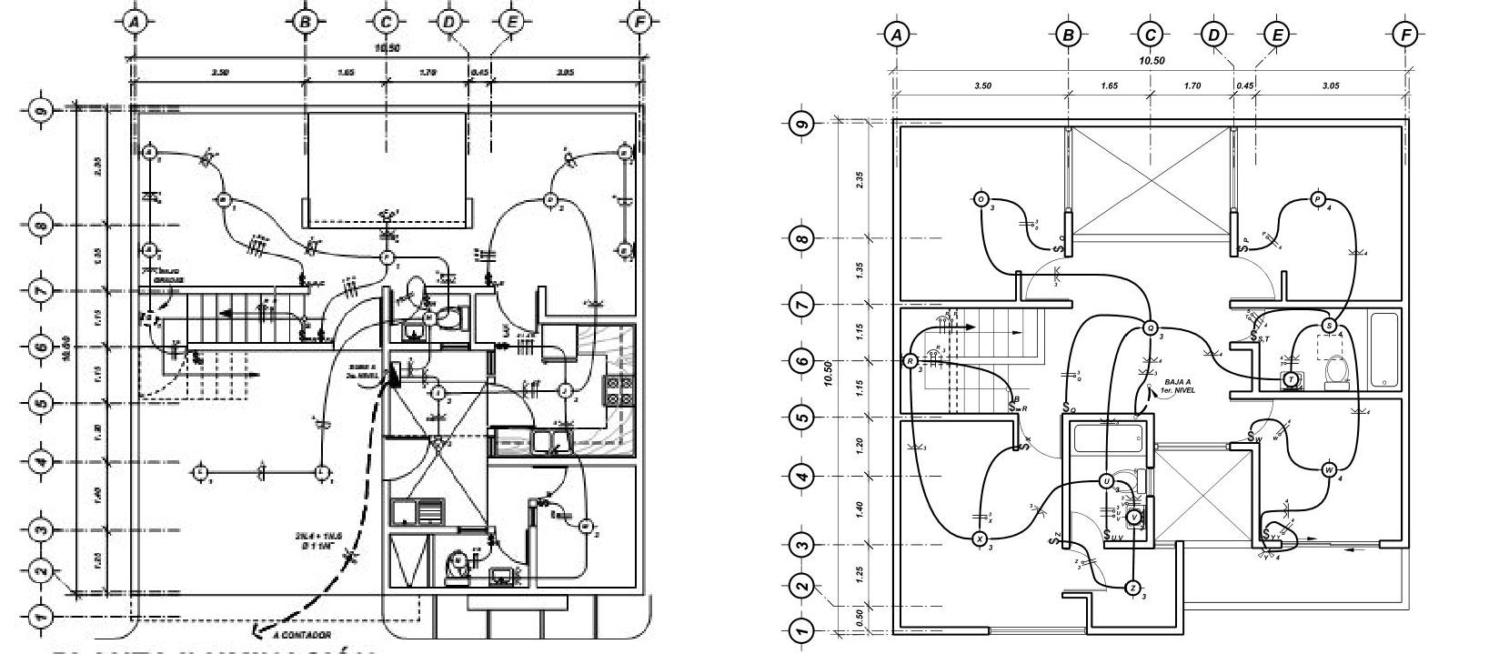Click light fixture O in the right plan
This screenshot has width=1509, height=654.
(x=981, y=199)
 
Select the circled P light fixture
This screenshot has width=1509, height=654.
(x=1318, y=199)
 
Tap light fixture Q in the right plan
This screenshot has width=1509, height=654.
(x=1150, y=328)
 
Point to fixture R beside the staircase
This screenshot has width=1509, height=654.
(x=910, y=361)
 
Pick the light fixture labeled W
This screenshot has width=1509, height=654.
(x=1329, y=470)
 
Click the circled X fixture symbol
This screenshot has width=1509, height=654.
(x=980, y=539)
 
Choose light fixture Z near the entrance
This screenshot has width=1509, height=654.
(x=1132, y=588)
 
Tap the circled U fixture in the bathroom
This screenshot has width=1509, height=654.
(x=1106, y=481)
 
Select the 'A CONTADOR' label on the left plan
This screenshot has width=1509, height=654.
(x=303, y=635)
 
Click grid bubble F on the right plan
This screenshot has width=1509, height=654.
(x=1406, y=35)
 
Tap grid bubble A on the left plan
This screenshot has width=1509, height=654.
(x=135, y=21)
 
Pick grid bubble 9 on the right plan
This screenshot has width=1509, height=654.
(x=801, y=123)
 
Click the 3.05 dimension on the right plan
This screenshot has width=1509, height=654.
(x=1330, y=86)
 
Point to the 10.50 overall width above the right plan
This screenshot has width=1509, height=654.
(x=1152, y=61)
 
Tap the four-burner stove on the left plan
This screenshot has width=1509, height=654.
(x=619, y=390)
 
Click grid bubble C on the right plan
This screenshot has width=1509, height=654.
(x=1151, y=35)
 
